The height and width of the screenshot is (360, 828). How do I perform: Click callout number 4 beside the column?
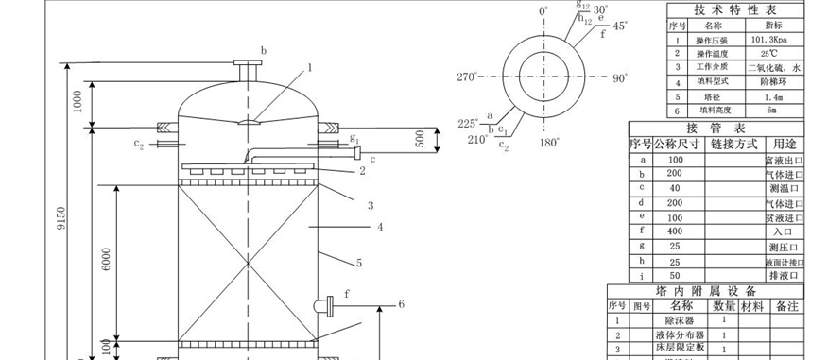pos(380,227)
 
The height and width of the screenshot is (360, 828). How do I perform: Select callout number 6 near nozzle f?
pos(401,304)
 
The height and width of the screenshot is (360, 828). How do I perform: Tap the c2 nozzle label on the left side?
pos(140,144)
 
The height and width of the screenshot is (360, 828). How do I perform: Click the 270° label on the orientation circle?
pos(470,78)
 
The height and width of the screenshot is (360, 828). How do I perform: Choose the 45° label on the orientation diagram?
pos(620,26)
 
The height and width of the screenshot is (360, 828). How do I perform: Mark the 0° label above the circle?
pos(543,11)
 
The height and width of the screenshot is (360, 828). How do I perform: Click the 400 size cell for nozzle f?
pos(674,231)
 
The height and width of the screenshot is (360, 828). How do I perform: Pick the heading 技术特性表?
pos(737,9)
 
